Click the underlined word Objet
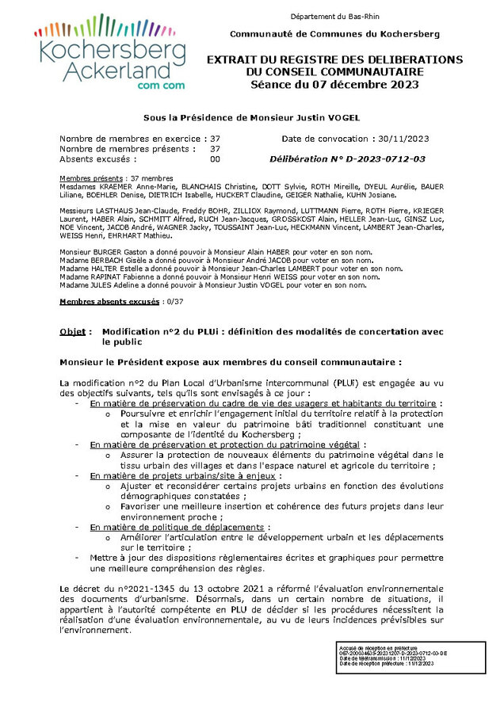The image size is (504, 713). click(74, 330)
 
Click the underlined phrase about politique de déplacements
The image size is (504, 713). click(177, 527)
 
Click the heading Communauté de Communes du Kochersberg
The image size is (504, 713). click(334, 35)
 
